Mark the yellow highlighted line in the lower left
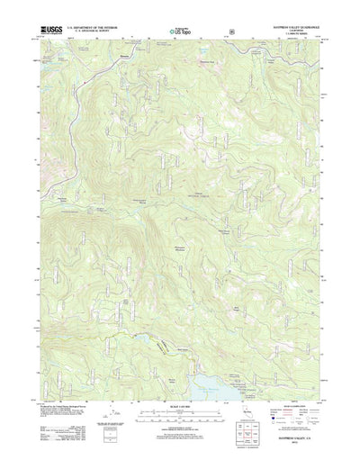click(x=162, y=345)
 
